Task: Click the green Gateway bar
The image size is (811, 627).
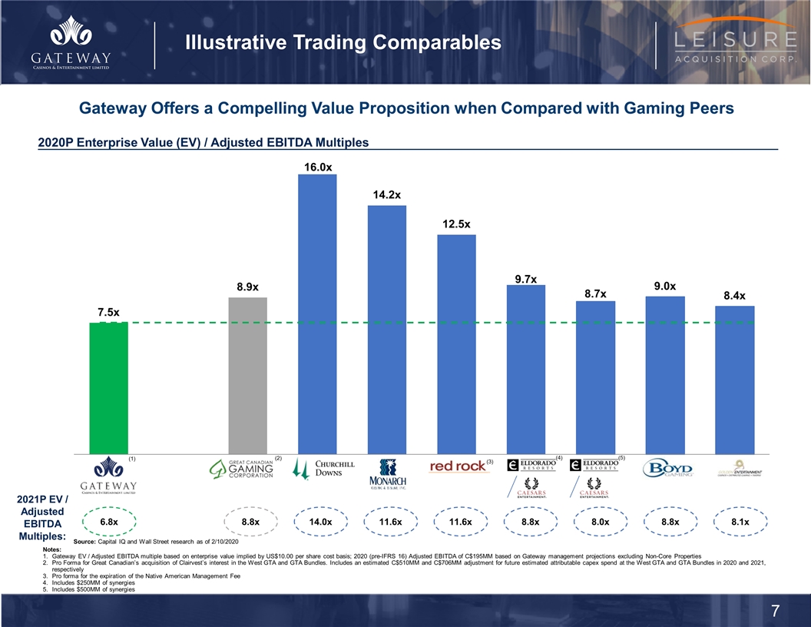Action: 108,388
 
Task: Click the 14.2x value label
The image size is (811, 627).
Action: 387,195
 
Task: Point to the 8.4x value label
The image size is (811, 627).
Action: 735,296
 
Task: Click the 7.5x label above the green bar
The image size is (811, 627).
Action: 108,312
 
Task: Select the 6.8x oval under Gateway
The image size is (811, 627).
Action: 108,522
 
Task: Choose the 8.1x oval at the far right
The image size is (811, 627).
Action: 740,522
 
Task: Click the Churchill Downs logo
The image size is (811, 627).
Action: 325,469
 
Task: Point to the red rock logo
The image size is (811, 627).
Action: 458,466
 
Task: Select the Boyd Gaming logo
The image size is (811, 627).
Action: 668,469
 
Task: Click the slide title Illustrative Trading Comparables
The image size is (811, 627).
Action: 343,43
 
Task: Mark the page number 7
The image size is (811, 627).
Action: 776,612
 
